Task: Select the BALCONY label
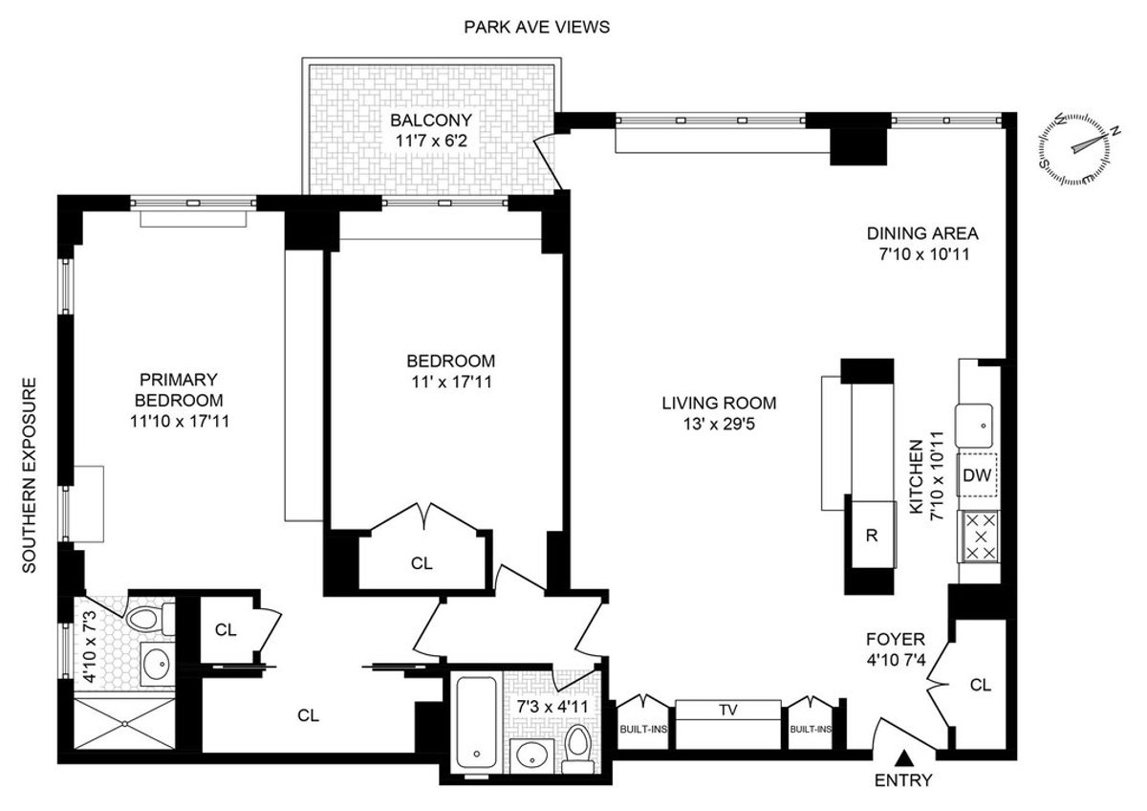tap(429, 121)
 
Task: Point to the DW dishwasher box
tap(976, 475)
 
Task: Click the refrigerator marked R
tap(871, 535)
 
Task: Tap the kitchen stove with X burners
tap(978, 537)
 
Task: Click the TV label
tap(729, 710)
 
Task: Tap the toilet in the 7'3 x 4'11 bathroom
tap(576, 746)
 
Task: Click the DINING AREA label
tap(922, 232)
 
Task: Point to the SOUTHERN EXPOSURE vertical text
tap(29, 475)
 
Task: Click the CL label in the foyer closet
tap(980, 685)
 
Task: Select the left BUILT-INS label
tap(643, 729)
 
